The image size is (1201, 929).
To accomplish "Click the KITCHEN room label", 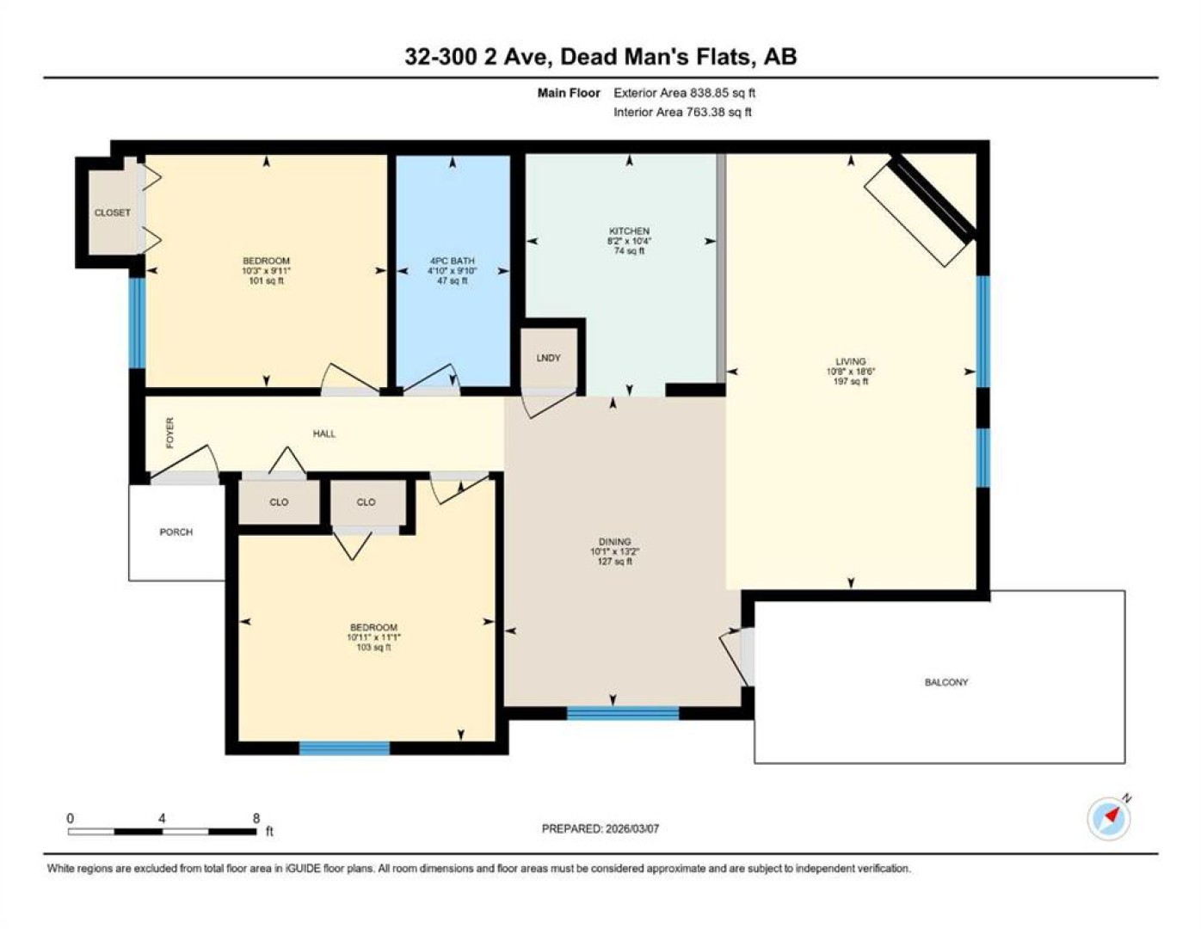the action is tap(629, 231).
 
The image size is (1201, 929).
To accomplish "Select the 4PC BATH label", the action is tap(453, 261).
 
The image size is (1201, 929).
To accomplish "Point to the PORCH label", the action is tap(176, 532).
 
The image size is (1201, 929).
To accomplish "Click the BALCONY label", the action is tap(946, 682).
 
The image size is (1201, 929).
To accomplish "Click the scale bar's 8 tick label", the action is tap(256, 818).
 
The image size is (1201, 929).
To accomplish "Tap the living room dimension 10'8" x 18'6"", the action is tap(851, 372).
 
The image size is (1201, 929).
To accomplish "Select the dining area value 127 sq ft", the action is tap(614, 562).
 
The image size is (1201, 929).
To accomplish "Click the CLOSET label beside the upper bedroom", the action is tap(112, 212).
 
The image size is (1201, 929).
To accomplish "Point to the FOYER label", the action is tap(169, 433).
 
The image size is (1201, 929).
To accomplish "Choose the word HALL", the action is tap(323, 434).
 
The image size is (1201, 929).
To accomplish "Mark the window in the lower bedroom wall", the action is tap(344, 748).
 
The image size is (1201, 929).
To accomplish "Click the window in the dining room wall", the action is tap(623, 713).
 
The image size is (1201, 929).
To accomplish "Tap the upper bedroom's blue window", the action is tap(137, 323).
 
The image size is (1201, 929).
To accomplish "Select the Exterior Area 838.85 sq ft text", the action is tap(684, 93).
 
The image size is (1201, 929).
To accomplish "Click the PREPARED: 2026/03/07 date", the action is tap(600, 828).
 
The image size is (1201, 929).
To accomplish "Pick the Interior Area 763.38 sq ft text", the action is tap(682, 112).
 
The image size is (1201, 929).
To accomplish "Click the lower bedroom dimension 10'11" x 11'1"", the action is tap(373, 637).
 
